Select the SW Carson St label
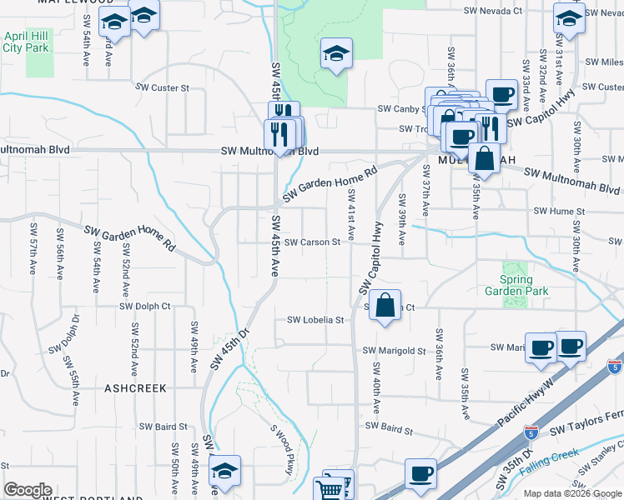coord(312,242)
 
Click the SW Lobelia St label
coord(315,320)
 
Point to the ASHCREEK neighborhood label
coord(135,388)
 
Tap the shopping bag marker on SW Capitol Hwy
coord(385,305)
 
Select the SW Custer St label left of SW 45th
coord(164,87)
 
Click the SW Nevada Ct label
coord(493,12)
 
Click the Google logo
coord(28,490)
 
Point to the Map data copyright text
coord(571,493)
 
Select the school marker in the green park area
coord(337,55)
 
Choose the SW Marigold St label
coord(393,351)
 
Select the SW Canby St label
coord(401,109)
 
